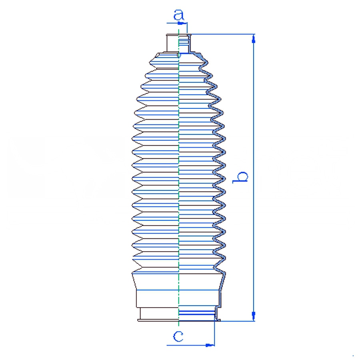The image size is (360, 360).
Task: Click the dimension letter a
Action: (179, 15)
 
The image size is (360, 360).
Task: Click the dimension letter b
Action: (240, 177)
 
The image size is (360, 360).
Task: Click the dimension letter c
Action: (178, 336)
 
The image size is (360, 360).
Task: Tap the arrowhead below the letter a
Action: (181, 23)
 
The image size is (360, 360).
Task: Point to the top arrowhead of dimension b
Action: (254, 39)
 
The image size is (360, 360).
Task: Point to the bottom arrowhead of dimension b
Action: (254, 316)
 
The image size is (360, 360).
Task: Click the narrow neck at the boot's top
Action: (178, 43)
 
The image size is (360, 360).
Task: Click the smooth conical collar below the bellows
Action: (179, 282)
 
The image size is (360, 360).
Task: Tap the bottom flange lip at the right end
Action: (218, 320)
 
